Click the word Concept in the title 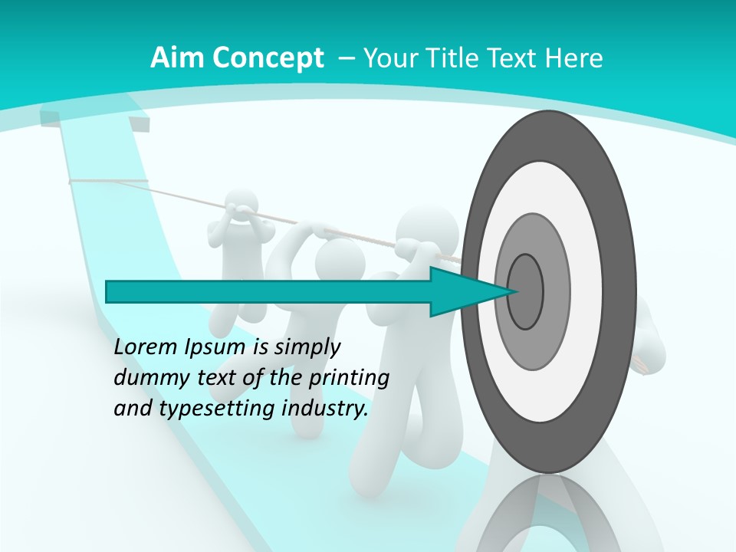[x=269, y=59]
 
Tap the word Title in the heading [x=458, y=58]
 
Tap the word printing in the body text [x=349, y=377]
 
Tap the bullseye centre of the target [x=525, y=291]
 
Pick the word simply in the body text [x=307, y=347]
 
